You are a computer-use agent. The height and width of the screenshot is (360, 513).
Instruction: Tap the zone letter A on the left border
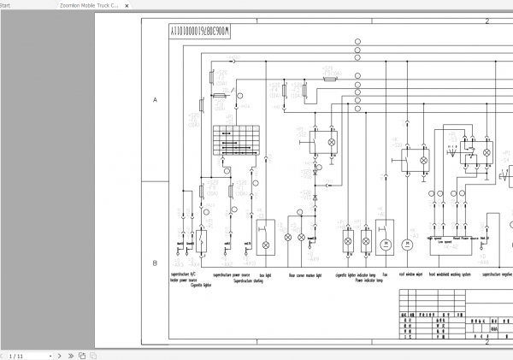155,100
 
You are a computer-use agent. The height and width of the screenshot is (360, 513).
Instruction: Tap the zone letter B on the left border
155,263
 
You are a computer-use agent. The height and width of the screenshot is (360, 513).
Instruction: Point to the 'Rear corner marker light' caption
305,275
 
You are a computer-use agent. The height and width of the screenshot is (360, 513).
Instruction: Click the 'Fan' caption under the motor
386,275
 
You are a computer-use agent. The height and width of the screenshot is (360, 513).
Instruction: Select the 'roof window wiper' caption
412,275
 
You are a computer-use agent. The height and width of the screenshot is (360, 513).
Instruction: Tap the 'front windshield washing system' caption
449,275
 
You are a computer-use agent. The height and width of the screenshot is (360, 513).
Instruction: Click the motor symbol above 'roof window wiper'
408,244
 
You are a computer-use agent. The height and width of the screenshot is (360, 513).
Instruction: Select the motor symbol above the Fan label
385,244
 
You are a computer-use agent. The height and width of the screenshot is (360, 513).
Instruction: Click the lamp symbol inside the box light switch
265,245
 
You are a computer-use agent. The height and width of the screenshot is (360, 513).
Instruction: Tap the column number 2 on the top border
486,21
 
